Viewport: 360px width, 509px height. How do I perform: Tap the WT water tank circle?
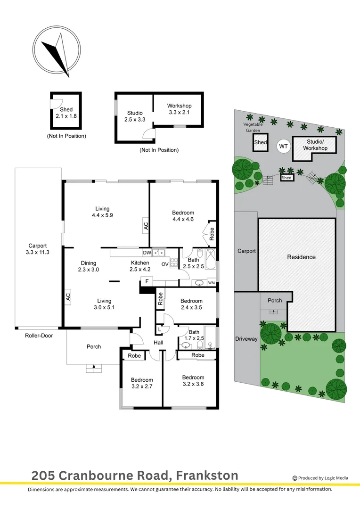(x=283, y=147)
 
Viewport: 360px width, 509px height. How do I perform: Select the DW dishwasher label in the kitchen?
(x=147, y=253)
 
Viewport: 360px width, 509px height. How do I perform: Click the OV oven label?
(x=165, y=264)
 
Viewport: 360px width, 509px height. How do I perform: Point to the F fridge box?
(x=147, y=281)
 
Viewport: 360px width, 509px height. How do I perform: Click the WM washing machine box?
(x=211, y=282)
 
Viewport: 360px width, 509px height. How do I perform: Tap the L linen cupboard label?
(x=160, y=329)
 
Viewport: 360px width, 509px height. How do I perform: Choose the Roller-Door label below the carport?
(x=39, y=336)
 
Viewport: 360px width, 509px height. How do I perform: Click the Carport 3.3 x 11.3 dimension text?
(x=38, y=249)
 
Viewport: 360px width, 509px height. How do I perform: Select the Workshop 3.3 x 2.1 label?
(x=179, y=109)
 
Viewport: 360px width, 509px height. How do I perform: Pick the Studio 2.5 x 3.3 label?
(x=135, y=116)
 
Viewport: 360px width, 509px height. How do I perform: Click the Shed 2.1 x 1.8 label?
(x=66, y=113)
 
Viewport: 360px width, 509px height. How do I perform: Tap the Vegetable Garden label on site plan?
(x=253, y=127)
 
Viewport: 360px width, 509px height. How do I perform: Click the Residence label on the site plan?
(x=301, y=257)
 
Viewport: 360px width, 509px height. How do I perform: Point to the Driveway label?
(x=246, y=339)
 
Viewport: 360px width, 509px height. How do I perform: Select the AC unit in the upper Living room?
(x=146, y=226)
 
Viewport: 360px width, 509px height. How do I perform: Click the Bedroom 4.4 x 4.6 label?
(x=183, y=216)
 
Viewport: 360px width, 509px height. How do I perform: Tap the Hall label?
(x=158, y=343)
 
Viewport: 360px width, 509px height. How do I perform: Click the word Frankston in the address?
(x=207, y=476)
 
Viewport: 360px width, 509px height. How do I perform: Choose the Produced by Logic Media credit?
(x=320, y=478)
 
